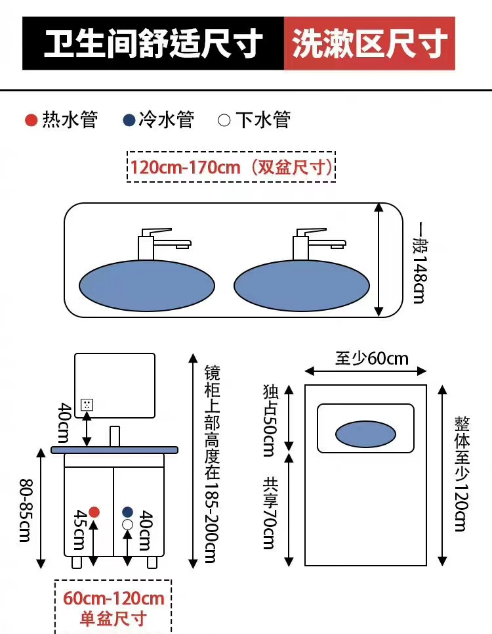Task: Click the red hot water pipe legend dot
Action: click(x=30, y=120)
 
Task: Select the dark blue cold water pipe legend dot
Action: click(x=129, y=120)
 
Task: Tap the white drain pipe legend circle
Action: click(x=224, y=120)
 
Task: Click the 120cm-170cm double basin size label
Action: click(x=231, y=167)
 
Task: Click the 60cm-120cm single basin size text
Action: click(x=113, y=599)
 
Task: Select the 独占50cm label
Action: click(x=270, y=421)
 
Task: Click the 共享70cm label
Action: click(x=270, y=512)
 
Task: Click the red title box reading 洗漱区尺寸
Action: click(x=369, y=44)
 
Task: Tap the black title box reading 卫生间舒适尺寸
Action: click(x=154, y=44)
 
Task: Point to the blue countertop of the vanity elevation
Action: click(x=115, y=450)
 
